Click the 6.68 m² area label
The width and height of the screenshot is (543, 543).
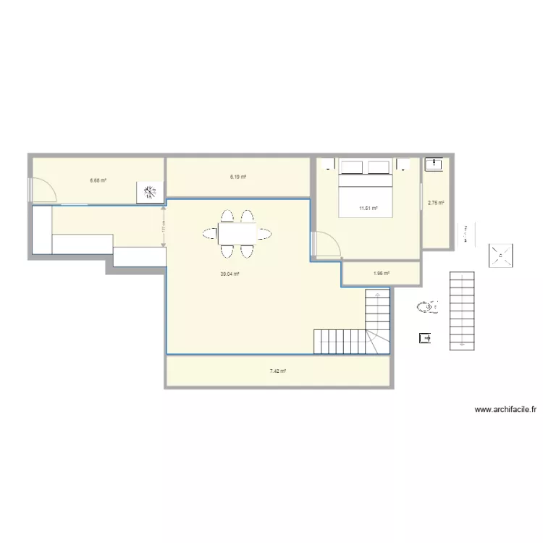[x=98, y=180]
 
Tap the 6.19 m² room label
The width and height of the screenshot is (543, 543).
[x=238, y=177]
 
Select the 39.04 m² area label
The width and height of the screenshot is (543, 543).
[x=230, y=274]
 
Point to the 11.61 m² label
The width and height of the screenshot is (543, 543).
[x=369, y=209]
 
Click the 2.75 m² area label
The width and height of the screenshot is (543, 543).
[x=435, y=203]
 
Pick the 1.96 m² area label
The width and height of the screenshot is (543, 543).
[x=382, y=274]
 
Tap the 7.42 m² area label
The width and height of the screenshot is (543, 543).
[x=278, y=371]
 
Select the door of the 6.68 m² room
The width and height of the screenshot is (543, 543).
[x=43, y=190]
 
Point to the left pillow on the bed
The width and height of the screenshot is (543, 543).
[x=353, y=167]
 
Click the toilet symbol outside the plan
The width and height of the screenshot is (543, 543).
[x=427, y=308]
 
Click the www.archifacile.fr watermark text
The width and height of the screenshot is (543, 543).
[x=505, y=410]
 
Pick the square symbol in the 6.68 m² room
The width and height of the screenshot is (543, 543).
[x=150, y=192]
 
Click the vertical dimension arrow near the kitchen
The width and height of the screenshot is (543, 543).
[x=164, y=226]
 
